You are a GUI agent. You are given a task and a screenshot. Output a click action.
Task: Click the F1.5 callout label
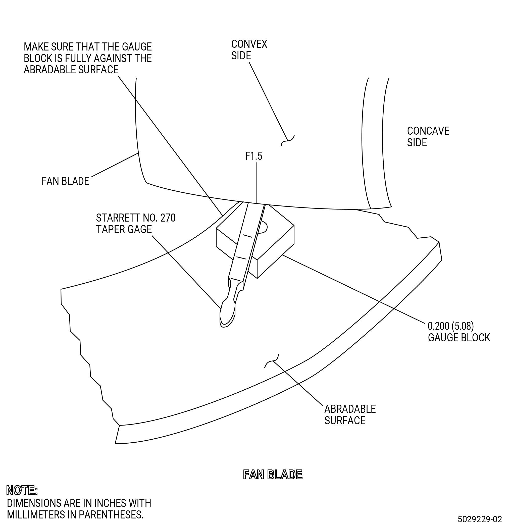point(253,156)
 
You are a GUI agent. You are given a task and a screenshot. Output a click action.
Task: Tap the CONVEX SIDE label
point(249,50)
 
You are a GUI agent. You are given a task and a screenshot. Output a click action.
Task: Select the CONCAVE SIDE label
point(428,137)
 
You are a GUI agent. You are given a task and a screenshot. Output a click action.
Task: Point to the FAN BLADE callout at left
point(65,181)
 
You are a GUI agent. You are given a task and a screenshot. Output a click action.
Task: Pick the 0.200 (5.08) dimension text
point(451,326)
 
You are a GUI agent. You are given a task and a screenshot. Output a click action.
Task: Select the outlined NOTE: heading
point(22,490)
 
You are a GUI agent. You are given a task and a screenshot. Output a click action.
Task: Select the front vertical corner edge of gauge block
point(257,269)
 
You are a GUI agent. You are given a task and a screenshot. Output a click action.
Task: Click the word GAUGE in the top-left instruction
point(137,47)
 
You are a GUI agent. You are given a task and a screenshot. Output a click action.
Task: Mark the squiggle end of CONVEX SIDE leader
point(288,140)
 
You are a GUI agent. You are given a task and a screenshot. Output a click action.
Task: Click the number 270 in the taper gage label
point(168,218)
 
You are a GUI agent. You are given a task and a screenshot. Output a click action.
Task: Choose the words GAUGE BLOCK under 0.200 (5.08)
point(459,337)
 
